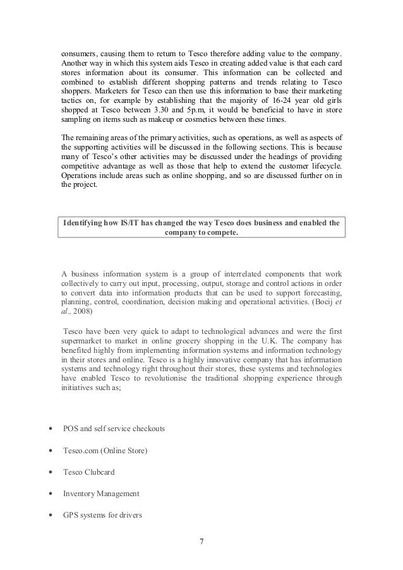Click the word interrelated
point(211,273)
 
